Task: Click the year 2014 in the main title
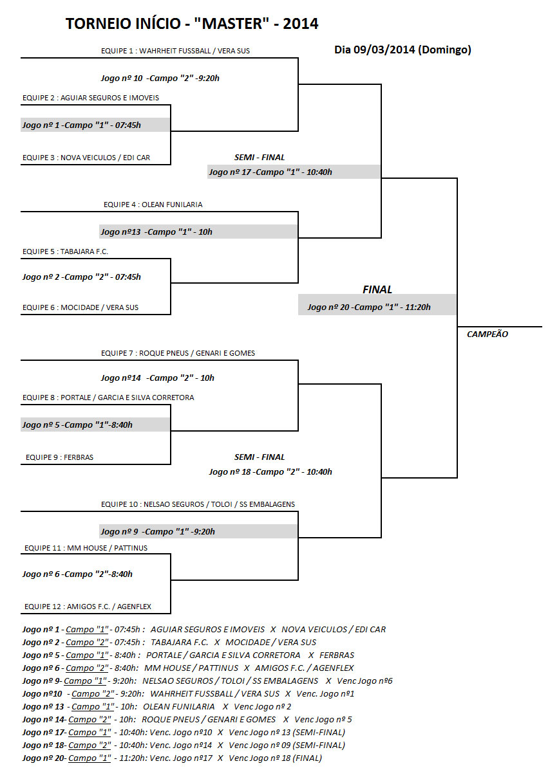[300, 24]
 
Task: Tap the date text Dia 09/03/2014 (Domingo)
[403, 50]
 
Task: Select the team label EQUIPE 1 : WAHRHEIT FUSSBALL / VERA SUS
[175, 51]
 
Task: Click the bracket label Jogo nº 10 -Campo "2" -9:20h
[160, 78]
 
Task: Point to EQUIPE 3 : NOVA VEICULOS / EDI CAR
[86, 158]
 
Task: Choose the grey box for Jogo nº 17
[294, 172]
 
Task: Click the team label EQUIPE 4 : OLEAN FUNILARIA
[153, 205]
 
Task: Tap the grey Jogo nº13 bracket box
[198, 232]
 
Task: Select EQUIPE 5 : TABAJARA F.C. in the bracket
[65, 251]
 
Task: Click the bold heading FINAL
[377, 289]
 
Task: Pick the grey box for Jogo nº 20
[377, 305]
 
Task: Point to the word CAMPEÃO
[487, 334]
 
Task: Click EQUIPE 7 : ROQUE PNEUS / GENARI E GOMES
[178, 353]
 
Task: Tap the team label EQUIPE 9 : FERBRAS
[59, 457]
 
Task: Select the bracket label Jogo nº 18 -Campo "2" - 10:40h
[270, 471]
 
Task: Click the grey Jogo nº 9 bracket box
[198, 531]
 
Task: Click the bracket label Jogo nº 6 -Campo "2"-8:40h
[77, 574]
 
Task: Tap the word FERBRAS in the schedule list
[337, 655]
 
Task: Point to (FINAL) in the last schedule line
[307, 758]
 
